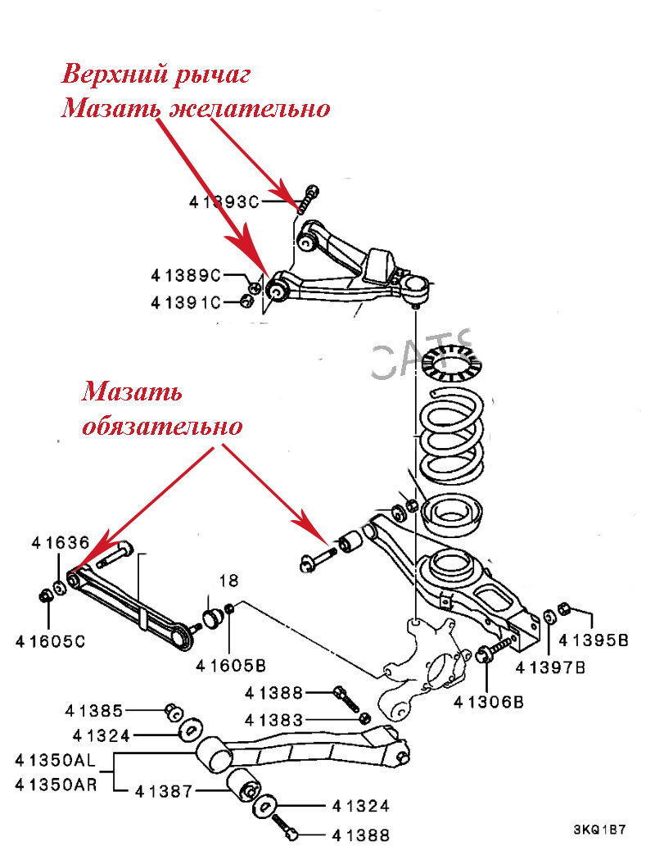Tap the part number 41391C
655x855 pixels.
(x=186, y=302)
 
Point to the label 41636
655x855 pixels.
(x=61, y=542)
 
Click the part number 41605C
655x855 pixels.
(x=50, y=641)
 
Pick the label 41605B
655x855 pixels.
(x=232, y=665)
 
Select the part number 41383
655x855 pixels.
(x=274, y=719)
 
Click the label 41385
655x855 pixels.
(x=95, y=710)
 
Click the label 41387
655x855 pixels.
(x=164, y=792)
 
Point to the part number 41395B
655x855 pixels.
(x=594, y=640)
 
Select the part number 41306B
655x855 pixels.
(x=489, y=701)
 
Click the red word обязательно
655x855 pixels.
(x=163, y=427)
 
